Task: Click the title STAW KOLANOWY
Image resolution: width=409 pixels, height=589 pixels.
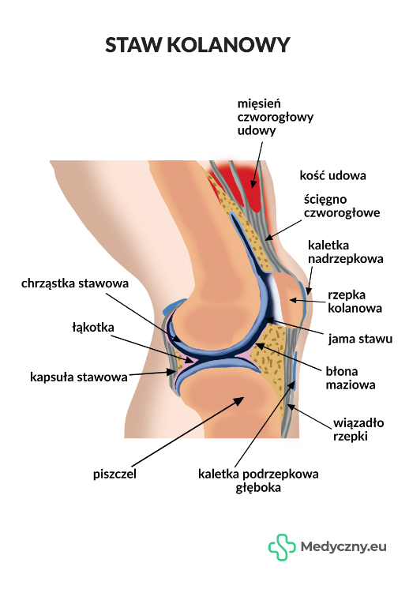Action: (x=197, y=45)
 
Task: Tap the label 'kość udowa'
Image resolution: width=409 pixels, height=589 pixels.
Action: (x=332, y=175)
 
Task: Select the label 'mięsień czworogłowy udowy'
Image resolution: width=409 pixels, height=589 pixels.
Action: (x=276, y=117)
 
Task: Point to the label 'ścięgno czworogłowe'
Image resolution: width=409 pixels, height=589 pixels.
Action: (x=342, y=206)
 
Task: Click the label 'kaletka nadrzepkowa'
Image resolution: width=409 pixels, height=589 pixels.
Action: (x=346, y=252)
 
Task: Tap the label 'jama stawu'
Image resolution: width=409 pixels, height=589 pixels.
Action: (x=360, y=339)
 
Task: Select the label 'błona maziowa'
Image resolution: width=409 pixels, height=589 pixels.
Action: (x=351, y=378)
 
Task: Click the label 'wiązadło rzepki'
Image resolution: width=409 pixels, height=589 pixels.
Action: (x=358, y=430)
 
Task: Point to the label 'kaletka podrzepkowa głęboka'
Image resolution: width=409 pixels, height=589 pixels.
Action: (x=258, y=481)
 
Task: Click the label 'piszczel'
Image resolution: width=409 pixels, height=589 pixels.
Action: (x=114, y=474)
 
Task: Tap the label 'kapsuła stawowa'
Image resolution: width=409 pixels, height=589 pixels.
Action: (x=79, y=377)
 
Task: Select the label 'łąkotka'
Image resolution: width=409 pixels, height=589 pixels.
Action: (x=93, y=327)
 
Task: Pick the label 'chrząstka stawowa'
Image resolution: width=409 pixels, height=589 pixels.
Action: (x=75, y=283)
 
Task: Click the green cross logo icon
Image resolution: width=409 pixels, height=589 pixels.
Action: (x=282, y=547)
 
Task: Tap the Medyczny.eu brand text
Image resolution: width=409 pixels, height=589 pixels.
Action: (x=343, y=547)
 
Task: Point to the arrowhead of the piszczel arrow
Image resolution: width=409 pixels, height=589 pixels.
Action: (x=239, y=401)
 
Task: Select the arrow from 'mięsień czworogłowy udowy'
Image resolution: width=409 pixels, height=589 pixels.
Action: (x=257, y=164)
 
